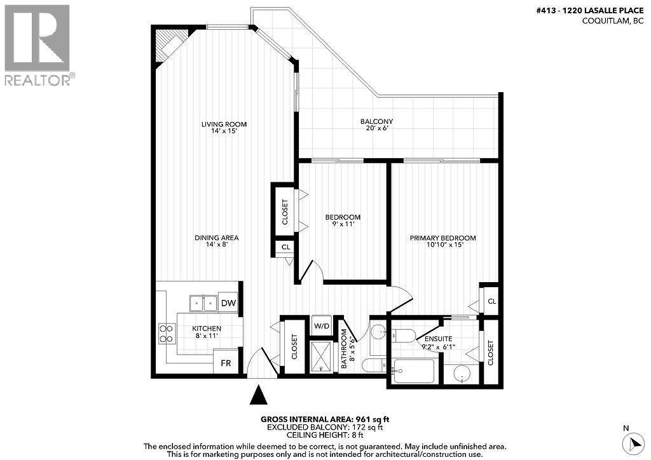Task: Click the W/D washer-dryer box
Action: click(x=322, y=327)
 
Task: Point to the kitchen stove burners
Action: click(x=167, y=334)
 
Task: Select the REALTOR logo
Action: click(x=38, y=44)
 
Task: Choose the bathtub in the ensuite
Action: click(x=413, y=372)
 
